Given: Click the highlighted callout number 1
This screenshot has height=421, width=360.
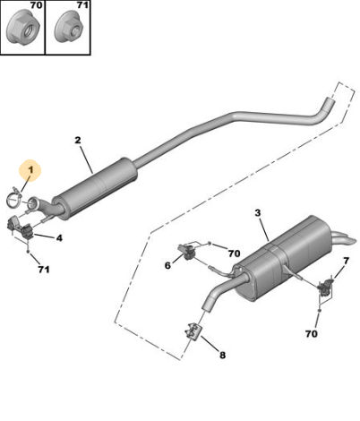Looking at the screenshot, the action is click(30, 170).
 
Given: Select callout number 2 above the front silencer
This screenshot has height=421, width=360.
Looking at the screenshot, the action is click(78, 140).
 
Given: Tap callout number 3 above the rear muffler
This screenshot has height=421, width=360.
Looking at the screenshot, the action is click(258, 213).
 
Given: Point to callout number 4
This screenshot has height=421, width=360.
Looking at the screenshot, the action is click(59, 238).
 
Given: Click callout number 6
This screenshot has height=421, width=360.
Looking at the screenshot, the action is click(167, 265).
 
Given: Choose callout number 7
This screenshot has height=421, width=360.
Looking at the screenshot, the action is click(346, 261).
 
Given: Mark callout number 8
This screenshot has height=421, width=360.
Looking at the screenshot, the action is click(222, 355).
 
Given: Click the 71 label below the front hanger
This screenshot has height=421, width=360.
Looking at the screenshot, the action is click(44, 270).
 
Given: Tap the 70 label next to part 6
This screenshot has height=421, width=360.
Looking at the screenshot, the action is click(234, 253).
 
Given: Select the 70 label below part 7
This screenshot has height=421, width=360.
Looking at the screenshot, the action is click(312, 333).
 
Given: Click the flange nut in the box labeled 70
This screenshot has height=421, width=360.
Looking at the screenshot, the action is click(20, 30).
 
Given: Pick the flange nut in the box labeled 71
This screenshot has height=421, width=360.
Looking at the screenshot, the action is click(69, 30).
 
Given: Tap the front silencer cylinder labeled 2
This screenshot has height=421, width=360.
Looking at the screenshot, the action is click(95, 189).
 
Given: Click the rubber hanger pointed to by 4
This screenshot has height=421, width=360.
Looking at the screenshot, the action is click(20, 228).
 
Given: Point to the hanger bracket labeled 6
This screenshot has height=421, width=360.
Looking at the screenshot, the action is click(187, 251).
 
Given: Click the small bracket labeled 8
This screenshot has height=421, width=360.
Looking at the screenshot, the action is click(194, 331).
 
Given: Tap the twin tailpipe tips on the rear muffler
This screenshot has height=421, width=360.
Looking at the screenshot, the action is click(344, 238).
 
